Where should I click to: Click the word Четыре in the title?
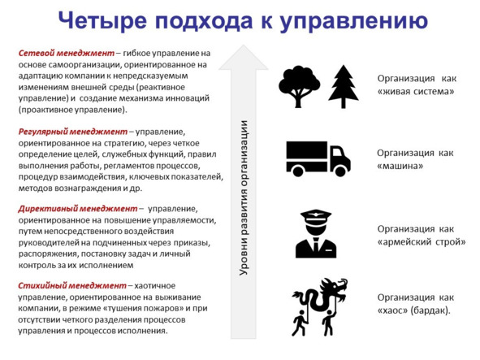[102, 20]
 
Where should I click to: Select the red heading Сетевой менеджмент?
[67, 54]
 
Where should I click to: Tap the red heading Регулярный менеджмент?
[73, 132]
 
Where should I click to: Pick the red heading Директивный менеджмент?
[78, 209]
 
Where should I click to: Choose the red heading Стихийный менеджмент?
[72, 285]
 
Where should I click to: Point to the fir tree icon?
[344, 87]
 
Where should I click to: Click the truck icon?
[318, 158]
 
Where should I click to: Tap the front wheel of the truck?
[340, 171]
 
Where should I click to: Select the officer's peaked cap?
[316, 216]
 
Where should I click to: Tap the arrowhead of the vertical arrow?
[244, 58]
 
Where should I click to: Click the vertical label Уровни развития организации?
[244, 198]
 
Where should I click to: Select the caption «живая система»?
[416, 92]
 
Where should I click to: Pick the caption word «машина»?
[400, 166]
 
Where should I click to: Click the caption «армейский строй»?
[422, 242]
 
